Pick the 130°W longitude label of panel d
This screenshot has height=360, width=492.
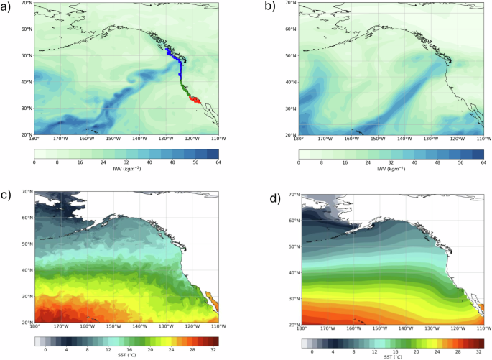[x=429, y=327]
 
